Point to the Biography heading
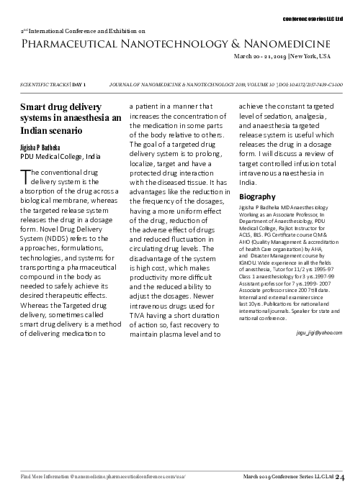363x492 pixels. tap(256, 196)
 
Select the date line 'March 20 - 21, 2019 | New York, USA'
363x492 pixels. tap(282, 55)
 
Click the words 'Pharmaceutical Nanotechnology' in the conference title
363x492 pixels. tap(100, 45)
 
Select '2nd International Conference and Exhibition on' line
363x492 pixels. tap(83, 32)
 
